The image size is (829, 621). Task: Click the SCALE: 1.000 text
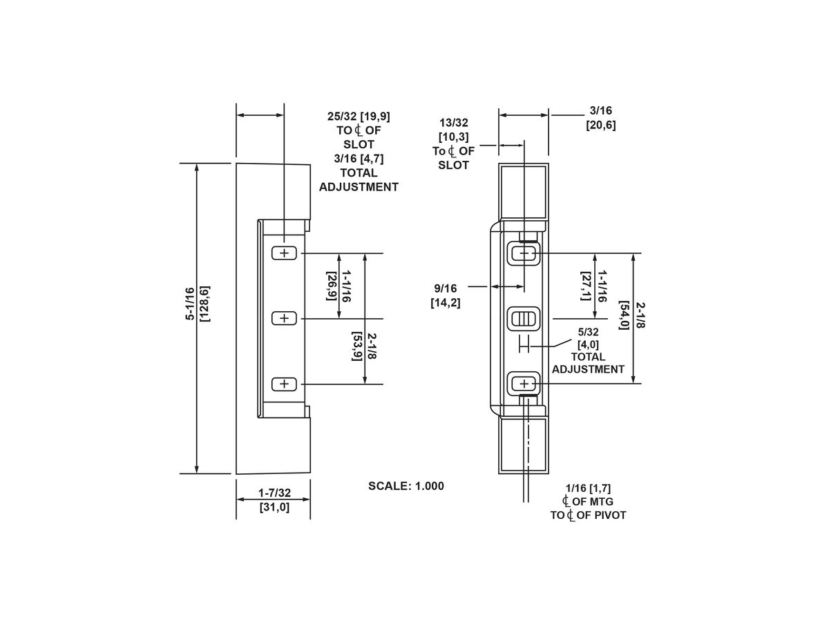406,486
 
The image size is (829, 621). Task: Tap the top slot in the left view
283,253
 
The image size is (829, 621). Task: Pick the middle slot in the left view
283,318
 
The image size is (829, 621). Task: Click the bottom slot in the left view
283,384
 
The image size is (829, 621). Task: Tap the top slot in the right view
524,254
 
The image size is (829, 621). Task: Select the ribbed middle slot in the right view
524,319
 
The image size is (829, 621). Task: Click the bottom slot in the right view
524,384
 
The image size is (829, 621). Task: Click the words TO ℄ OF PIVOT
587,515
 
